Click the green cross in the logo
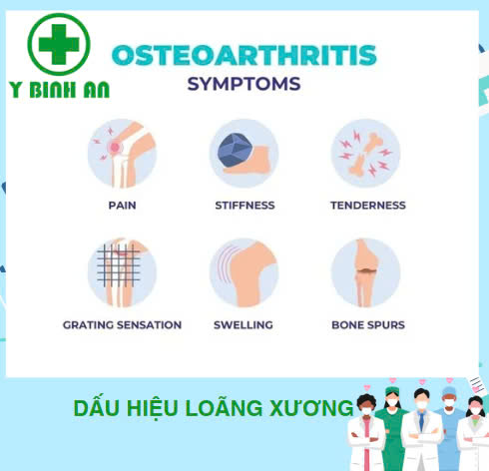tap(59, 44)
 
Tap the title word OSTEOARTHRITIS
tap(244, 55)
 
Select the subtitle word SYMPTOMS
tap(244, 84)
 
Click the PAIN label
tap(122, 206)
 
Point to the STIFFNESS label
tap(244, 206)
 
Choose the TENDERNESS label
tap(368, 206)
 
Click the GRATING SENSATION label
tap(122, 324)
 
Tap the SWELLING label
tap(244, 324)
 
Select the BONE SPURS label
tap(368, 324)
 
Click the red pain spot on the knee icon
tap(115, 147)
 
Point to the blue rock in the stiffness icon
tap(235, 150)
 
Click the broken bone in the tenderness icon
tap(365, 154)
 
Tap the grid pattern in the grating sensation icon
tap(119, 265)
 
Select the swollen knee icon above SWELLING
tap(244, 272)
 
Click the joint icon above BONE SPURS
tap(365, 272)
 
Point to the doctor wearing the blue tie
tap(421, 429)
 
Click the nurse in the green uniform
tap(392, 429)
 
